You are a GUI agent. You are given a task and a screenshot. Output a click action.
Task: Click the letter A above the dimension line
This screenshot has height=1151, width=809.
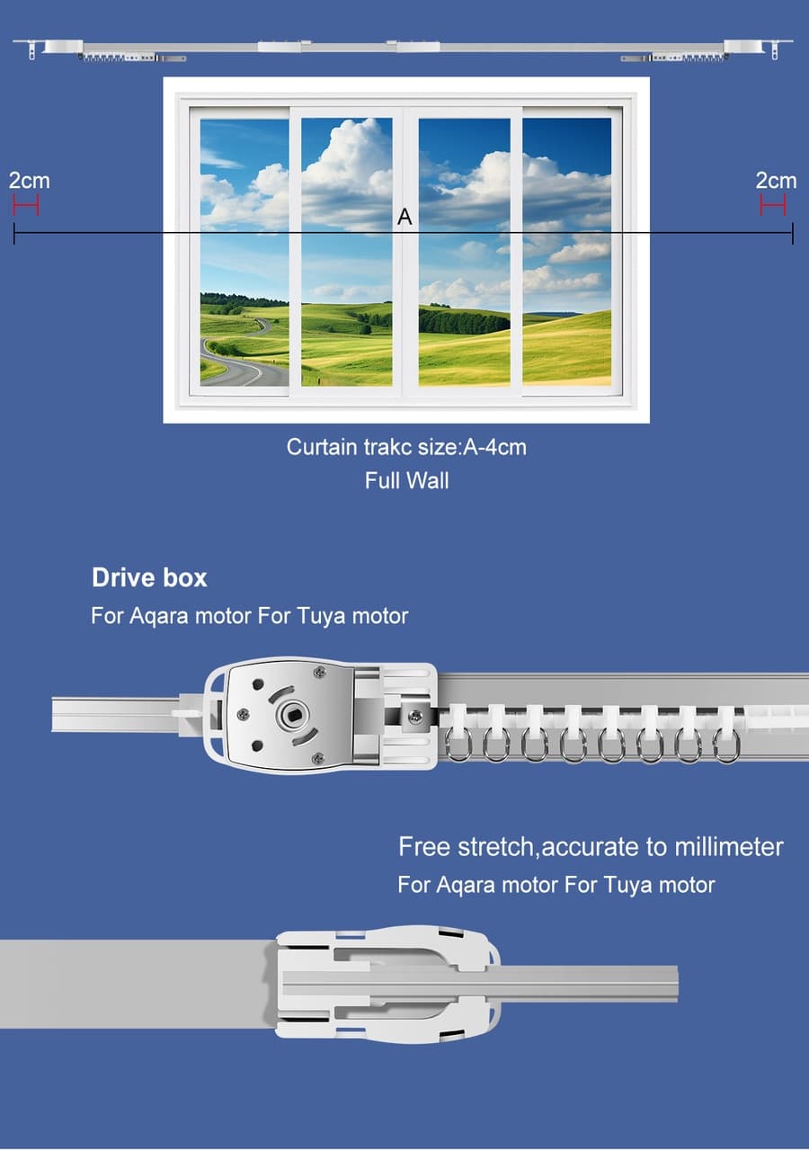[404, 217]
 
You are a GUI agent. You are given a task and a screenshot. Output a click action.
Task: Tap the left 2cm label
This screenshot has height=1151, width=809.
[30, 181]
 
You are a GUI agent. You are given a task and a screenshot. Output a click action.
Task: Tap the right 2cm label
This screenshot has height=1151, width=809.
[776, 181]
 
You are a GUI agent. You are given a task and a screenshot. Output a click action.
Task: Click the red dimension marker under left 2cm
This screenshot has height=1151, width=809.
[26, 206]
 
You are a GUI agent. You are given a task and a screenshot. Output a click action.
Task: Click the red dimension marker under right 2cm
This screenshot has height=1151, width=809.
[773, 206]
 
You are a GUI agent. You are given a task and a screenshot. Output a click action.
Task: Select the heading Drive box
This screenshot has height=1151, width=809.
[149, 577]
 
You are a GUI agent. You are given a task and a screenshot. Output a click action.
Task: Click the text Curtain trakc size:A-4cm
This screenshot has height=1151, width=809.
[406, 447]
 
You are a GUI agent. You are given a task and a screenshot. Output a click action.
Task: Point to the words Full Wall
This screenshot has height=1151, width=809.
[407, 481]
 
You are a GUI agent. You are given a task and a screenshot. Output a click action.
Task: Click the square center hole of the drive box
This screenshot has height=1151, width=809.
[289, 714]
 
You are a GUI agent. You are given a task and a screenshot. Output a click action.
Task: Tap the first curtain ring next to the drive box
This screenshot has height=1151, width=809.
[458, 745]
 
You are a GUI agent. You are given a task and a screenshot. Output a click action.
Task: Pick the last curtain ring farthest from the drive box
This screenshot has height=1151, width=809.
[727, 746]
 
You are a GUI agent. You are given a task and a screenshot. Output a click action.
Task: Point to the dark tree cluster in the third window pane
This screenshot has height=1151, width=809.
[463, 322]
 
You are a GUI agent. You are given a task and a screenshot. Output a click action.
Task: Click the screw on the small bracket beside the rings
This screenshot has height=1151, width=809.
[415, 715]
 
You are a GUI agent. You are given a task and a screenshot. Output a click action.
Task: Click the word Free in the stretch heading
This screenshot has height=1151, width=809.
[425, 847]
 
